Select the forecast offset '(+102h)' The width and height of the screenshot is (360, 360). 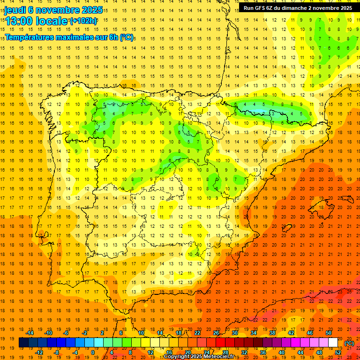[x=83, y=21]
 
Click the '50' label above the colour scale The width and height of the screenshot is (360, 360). [x=329, y=333]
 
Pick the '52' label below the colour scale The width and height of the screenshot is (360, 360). [x=338, y=352]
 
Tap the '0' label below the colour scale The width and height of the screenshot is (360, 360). [x=93, y=352]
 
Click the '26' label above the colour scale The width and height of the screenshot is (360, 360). [x=216, y=333]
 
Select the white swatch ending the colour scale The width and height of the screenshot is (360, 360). [x=333, y=343]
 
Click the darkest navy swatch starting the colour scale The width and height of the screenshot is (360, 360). [x=23, y=343]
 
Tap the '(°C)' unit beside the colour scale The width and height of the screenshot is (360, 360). [x=349, y=343]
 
